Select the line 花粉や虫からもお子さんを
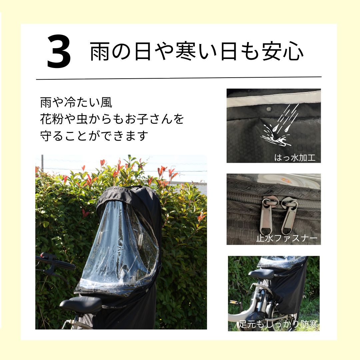pos(112,119)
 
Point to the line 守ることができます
pos(94,136)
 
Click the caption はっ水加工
pos(294,157)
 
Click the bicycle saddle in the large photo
pos(81,304)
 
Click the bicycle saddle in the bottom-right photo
pos(261,274)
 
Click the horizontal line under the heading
pos(179,78)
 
